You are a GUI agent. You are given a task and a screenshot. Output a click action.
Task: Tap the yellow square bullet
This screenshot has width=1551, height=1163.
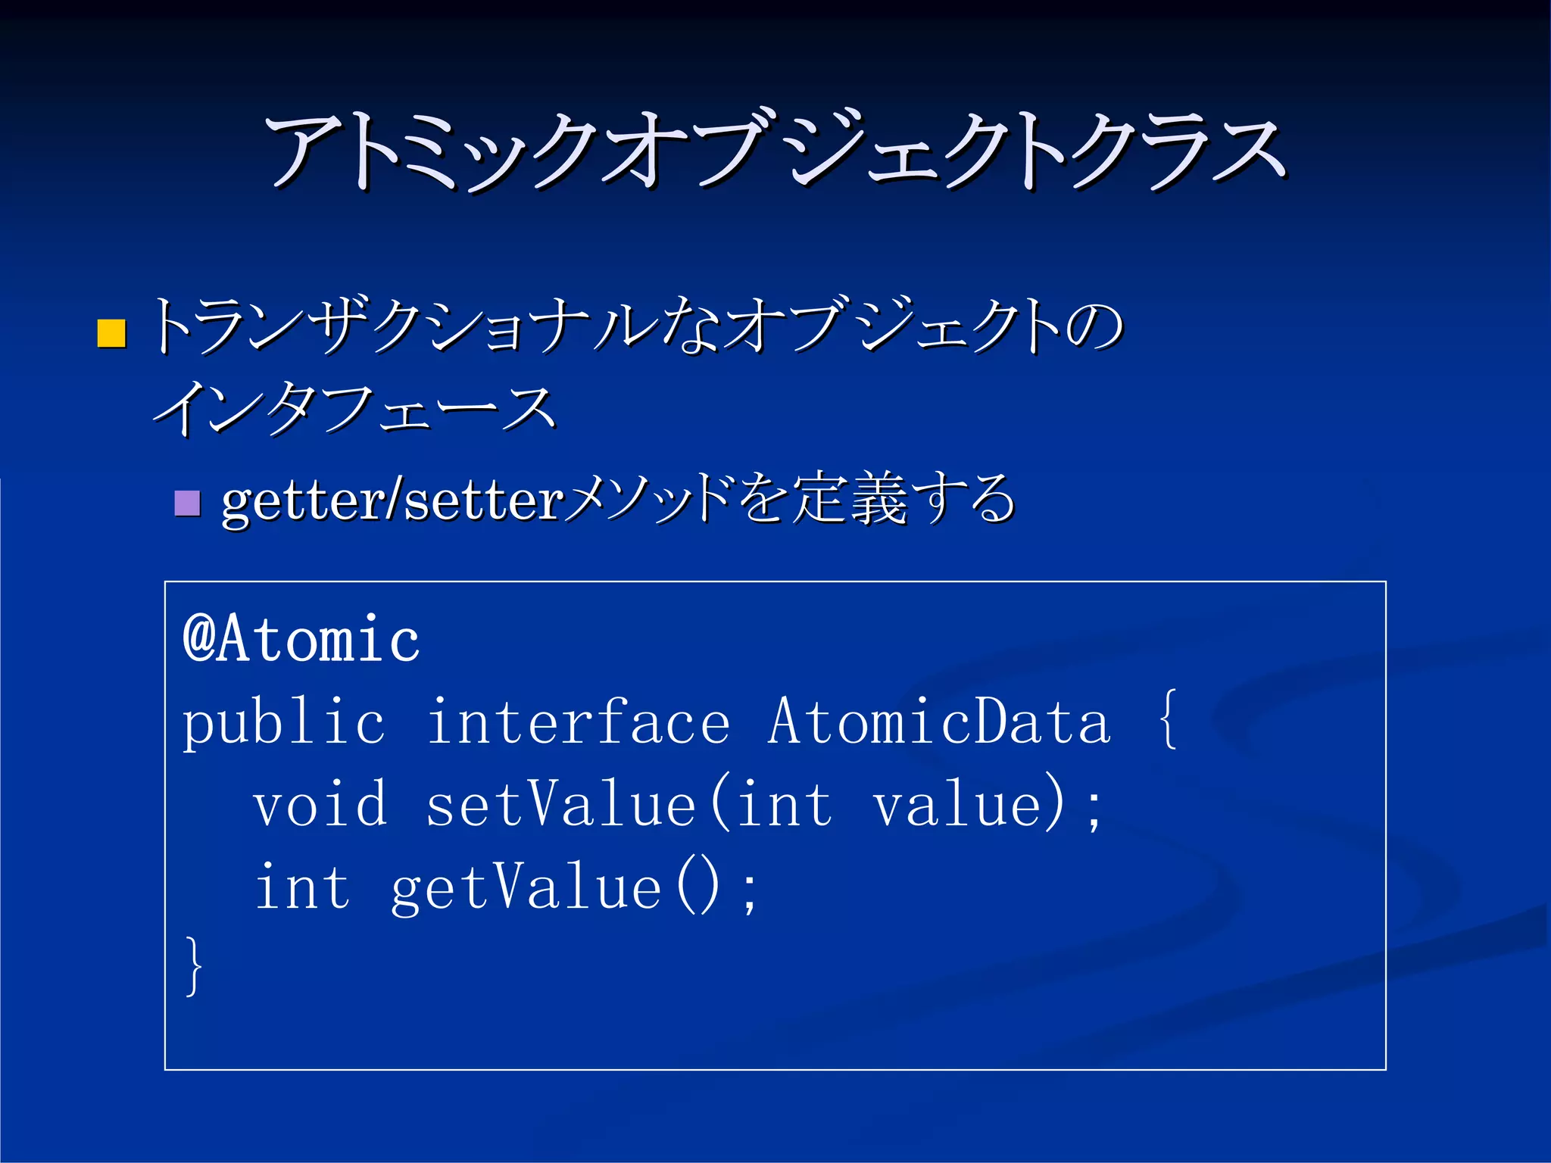click(112, 333)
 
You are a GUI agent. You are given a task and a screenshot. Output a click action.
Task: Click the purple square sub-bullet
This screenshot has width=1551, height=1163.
click(187, 503)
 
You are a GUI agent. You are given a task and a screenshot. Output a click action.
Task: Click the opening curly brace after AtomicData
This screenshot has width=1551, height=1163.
click(1168, 719)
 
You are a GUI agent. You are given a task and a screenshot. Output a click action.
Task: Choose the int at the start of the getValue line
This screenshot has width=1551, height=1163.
click(302, 887)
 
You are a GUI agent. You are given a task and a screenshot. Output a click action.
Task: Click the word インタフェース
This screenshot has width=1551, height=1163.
click(354, 409)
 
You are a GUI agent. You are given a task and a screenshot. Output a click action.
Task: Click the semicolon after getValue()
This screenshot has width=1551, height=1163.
click(749, 892)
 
